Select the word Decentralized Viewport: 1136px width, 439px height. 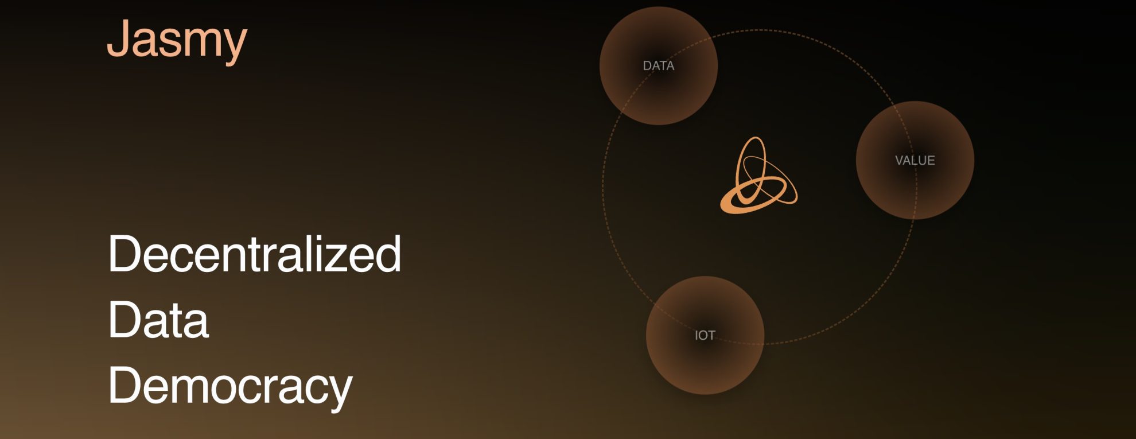(255, 253)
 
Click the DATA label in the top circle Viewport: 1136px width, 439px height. (659, 66)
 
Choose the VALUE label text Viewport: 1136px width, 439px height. (915, 161)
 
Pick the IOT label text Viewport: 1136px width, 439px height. (705, 335)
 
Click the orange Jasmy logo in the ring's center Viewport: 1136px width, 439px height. (758, 175)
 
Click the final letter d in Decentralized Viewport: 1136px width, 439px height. (387, 253)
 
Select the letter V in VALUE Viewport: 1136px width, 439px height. (899, 161)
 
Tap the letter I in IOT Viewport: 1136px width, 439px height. (696, 335)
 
